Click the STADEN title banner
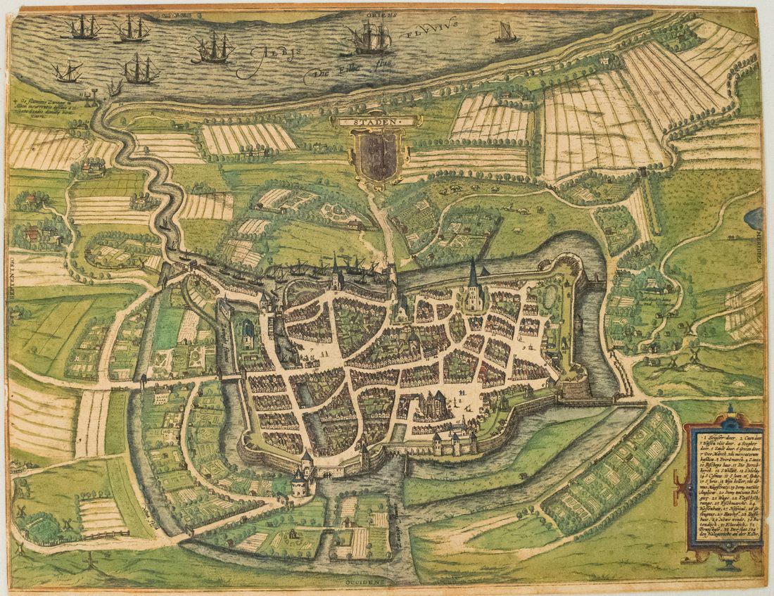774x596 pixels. (378, 121)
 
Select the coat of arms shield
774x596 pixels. (378, 155)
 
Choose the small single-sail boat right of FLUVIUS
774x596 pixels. (506, 32)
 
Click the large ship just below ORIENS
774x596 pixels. (369, 39)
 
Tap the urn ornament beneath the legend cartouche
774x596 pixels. (729, 562)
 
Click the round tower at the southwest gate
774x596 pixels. (300, 483)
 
